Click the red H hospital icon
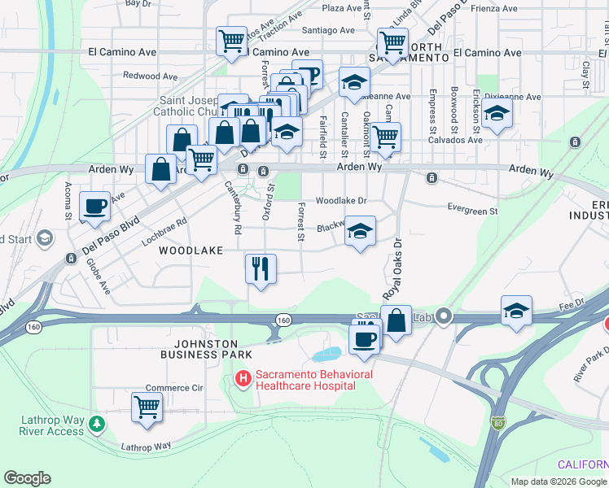coord(243,378)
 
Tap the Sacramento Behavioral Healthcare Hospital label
coord(313,380)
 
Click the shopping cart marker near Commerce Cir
coord(147,406)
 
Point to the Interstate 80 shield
coord(498,423)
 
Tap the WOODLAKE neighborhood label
coord(191,251)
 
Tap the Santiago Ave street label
coord(328,30)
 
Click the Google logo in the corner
coord(28,478)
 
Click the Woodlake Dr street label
coord(341,200)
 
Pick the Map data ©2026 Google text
coord(558,481)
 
